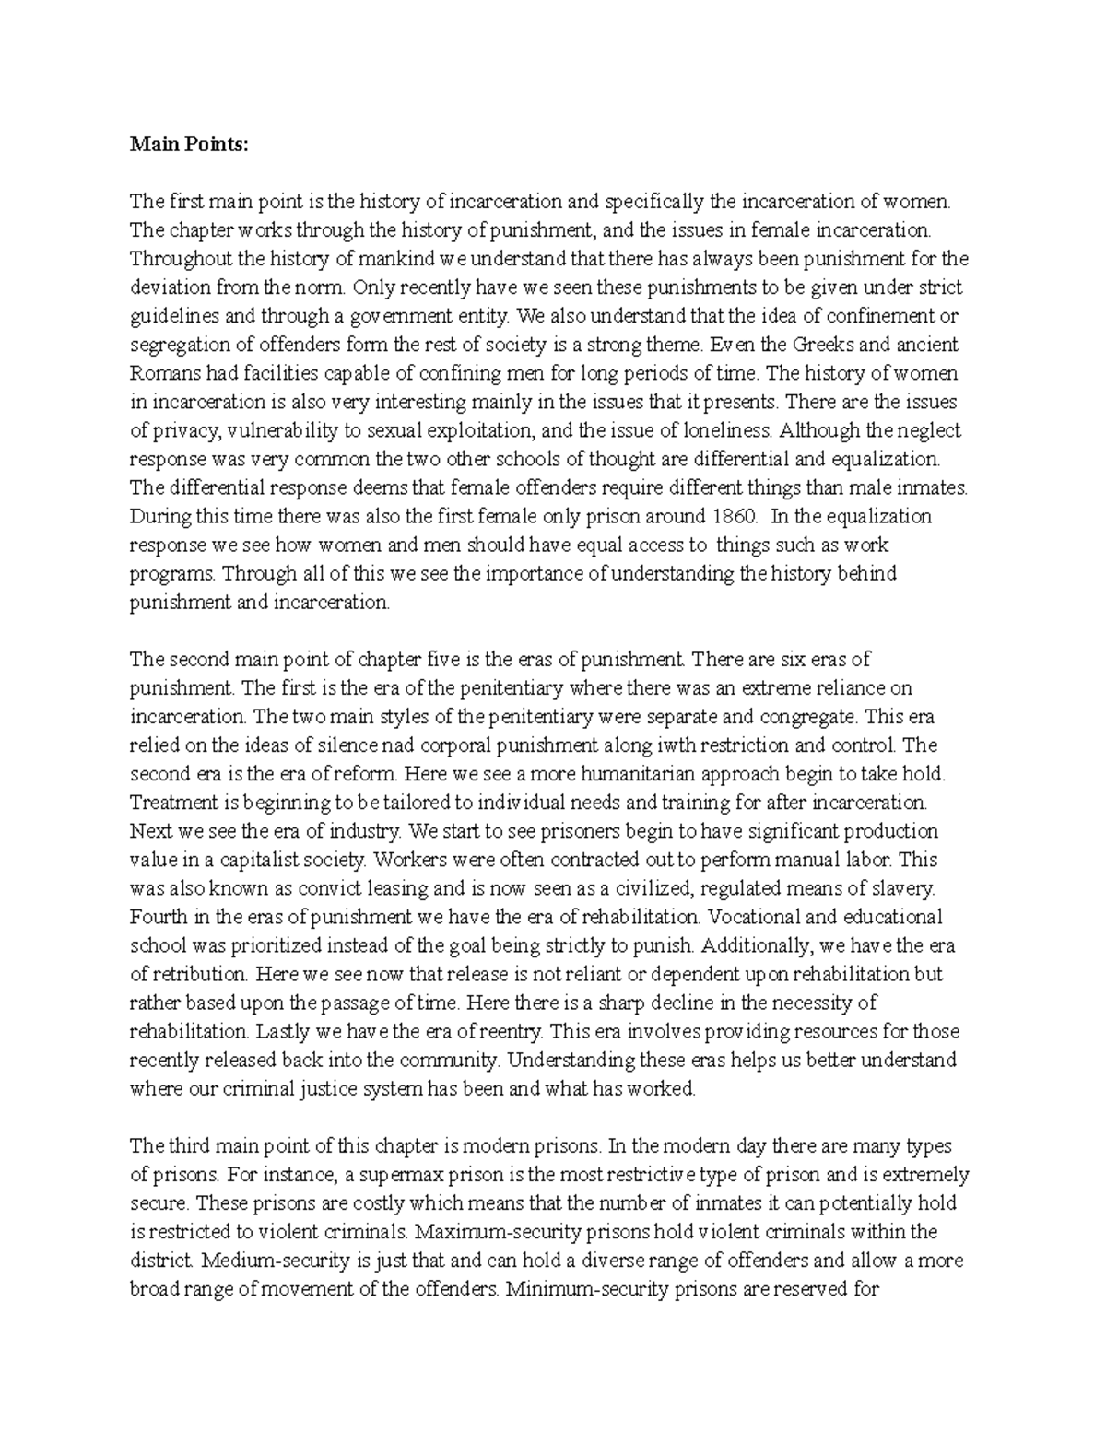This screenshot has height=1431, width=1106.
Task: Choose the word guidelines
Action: point(173,316)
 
